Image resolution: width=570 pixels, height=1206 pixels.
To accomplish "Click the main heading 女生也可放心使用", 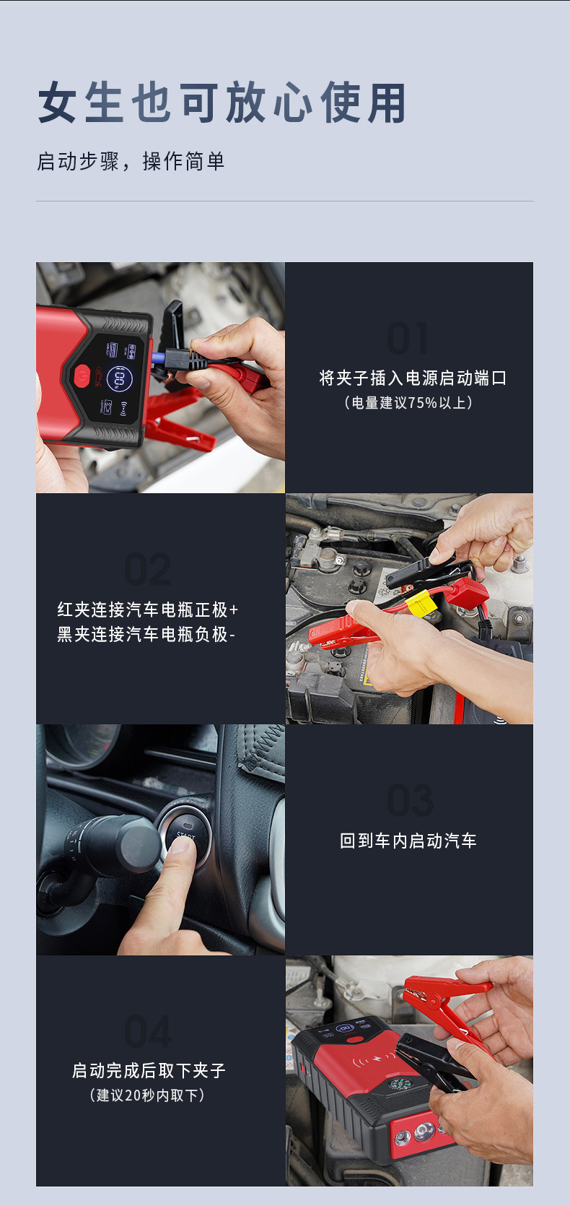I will (x=222, y=103).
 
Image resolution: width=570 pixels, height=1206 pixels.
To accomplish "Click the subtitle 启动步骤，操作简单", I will (x=131, y=161).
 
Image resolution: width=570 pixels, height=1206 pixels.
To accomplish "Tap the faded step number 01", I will (x=408, y=338).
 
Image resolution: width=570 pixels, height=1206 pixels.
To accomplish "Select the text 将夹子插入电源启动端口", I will (x=413, y=378).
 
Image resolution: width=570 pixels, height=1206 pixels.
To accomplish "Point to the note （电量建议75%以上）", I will (x=408, y=402).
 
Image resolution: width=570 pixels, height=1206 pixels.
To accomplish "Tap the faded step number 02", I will (x=148, y=570).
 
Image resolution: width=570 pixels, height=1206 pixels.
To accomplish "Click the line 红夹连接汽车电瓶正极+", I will (x=148, y=609).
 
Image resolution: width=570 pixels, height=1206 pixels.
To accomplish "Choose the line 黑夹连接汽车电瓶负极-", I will (x=146, y=634).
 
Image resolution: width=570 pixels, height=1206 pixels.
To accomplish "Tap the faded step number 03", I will (x=410, y=800).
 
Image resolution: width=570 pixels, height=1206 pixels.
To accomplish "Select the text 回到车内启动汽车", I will (x=408, y=841).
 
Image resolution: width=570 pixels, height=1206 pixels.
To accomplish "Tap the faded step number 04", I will (x=148, y=1031).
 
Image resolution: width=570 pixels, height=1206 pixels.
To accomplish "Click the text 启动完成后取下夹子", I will (x=149, y=1070).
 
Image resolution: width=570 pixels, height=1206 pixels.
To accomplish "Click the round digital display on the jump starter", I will (x=119, y=378).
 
